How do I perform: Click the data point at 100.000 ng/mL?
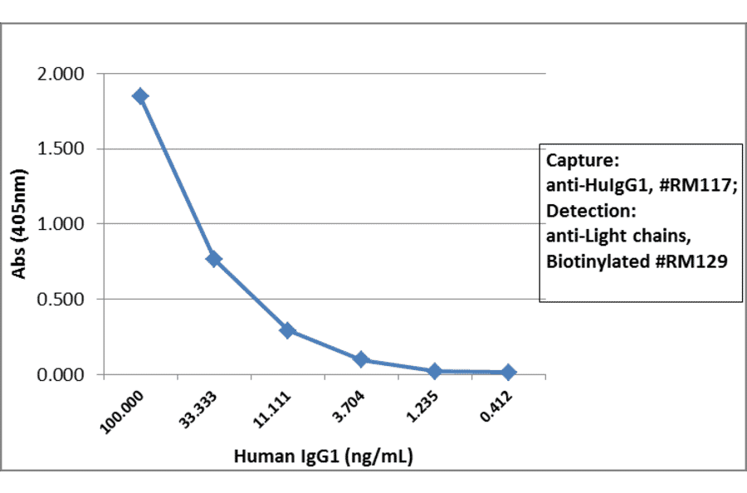pyautogui.click(x=140, y=96)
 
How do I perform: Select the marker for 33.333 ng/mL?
pyautogui.click(x=213, y=259)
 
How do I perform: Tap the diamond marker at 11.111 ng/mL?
pyautogui.click(x=287, y=330)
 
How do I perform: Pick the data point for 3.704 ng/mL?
pyautogui.click(x=361, y=359)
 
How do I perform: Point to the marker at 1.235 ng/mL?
pyautogui.click(x=434, y=371)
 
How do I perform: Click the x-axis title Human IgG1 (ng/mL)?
pyautogui.click(x=324, y=456)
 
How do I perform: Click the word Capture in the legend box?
pyautogui.click(x=580, y=160)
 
